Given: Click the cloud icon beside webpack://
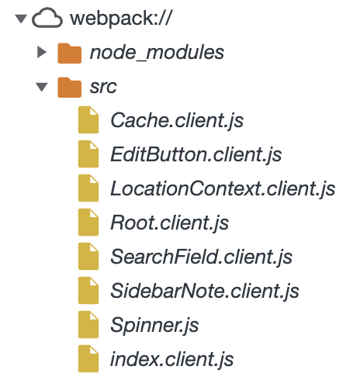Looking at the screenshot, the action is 47,18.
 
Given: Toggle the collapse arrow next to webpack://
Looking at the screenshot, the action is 21,19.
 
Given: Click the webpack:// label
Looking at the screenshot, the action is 120,18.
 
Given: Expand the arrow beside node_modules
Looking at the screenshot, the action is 42,52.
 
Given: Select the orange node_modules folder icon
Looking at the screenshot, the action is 69,54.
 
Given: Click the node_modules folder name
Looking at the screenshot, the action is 157,53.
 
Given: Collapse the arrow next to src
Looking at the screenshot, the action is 42,87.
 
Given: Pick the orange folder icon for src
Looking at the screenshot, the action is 69,88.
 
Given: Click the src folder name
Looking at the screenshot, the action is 103,87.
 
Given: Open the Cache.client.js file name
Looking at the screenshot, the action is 177,120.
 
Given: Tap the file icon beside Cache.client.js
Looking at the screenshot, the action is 88,119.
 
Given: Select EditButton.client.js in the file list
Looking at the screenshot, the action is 196,154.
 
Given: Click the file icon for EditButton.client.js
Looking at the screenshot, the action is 88,154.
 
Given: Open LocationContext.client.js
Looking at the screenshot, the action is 223,188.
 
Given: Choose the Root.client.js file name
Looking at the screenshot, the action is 170,223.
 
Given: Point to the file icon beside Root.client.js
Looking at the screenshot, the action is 88,222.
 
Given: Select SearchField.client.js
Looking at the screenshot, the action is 202,257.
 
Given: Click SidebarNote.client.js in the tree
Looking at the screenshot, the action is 205,291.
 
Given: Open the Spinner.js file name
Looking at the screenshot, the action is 154,325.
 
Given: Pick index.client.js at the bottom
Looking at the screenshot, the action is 172,359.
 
